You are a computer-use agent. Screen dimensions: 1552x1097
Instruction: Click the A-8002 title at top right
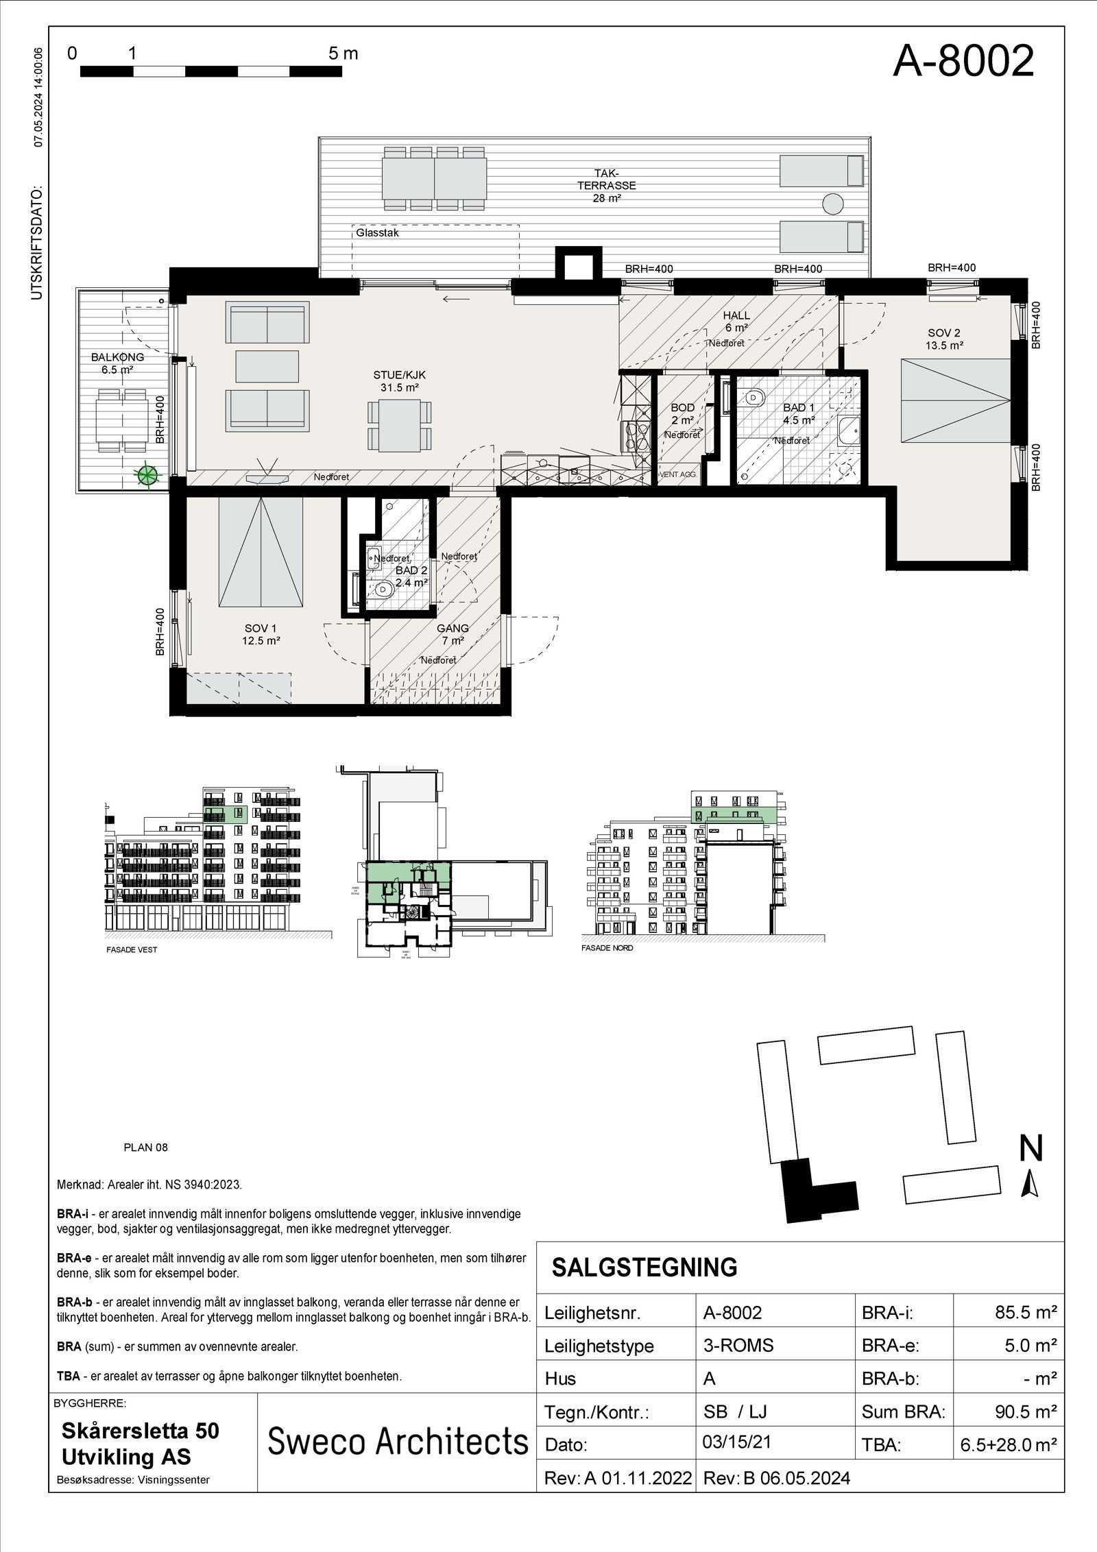[x=963, y=62]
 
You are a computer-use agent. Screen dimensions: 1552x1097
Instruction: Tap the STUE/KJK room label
[x=400, y=381]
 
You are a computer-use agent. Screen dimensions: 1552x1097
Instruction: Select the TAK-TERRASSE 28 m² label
[x=606, y=185]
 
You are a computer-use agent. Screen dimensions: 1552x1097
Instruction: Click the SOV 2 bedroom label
[x=944, y=339]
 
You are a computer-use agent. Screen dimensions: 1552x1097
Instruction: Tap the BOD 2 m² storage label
[x=682, y=414]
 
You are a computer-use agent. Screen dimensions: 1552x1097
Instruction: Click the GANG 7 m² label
[x=453, y=634]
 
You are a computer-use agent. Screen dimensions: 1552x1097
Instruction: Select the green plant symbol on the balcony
[x=145, y=474]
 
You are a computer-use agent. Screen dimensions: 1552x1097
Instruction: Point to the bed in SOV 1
[x=261, y=553]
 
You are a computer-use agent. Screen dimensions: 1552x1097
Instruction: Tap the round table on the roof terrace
[x=832, y=204]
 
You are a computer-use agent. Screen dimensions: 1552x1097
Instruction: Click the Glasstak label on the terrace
[x=377, y=233]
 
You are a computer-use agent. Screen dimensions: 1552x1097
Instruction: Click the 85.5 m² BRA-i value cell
[x=1025, y=1313]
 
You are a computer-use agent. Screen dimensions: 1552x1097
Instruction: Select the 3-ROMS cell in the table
[x=738, y=1346]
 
